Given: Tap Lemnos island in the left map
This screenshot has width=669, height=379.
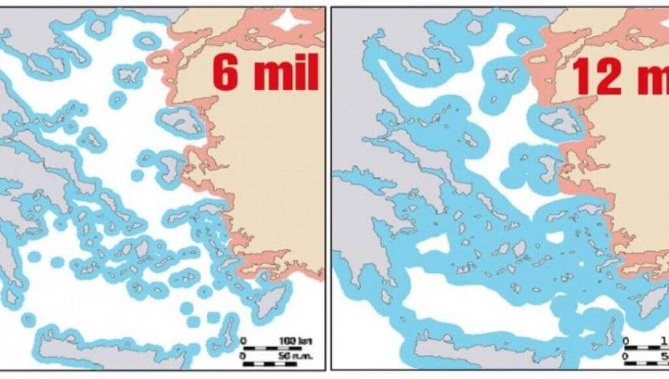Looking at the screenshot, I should point(125,75).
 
